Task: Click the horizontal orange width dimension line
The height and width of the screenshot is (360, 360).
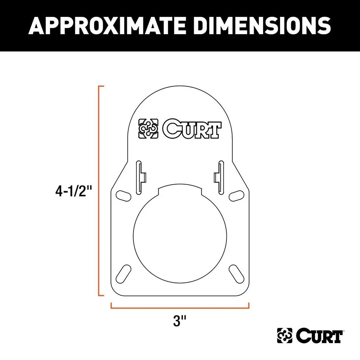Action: pos(180,308)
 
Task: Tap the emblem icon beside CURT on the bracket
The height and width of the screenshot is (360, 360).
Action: pos(148,129)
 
